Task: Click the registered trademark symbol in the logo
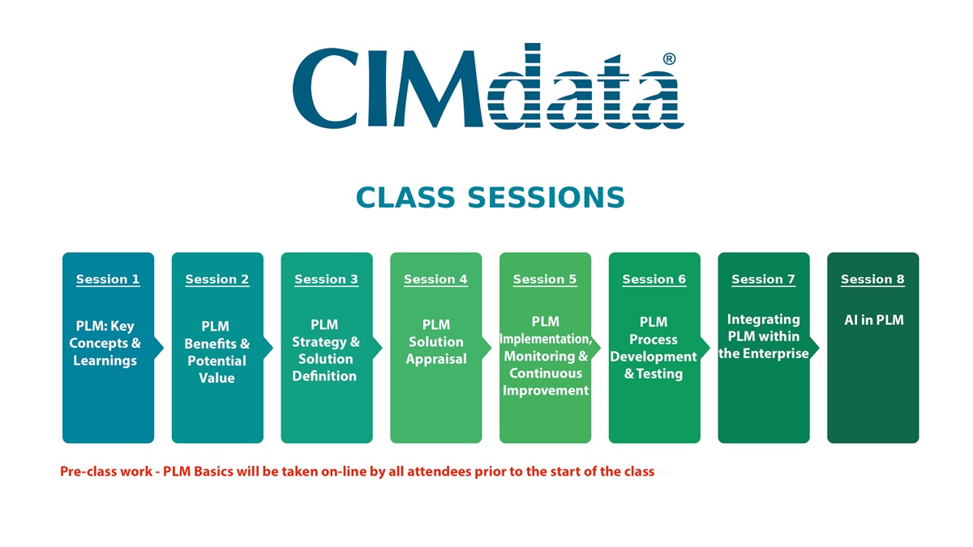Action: pos(670,59)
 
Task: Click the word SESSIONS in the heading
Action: pos(546,198)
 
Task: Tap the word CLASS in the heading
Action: pos(405,198)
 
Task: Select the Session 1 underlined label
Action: pos(108,279)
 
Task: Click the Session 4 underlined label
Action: pos(435,279)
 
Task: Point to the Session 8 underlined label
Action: pos(872,279)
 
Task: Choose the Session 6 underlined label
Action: pos(654,279)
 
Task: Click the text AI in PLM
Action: pos(874,320)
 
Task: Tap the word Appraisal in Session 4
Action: pos(436,360)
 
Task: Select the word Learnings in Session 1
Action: pos(105,361)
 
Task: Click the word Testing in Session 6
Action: pos(659,374)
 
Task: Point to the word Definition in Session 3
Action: pos(324,376)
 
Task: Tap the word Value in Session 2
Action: pos(216,378)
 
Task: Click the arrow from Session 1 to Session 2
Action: pos(159,348)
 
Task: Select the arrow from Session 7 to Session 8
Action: pos(814,348)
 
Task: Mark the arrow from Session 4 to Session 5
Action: pos(486,348)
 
